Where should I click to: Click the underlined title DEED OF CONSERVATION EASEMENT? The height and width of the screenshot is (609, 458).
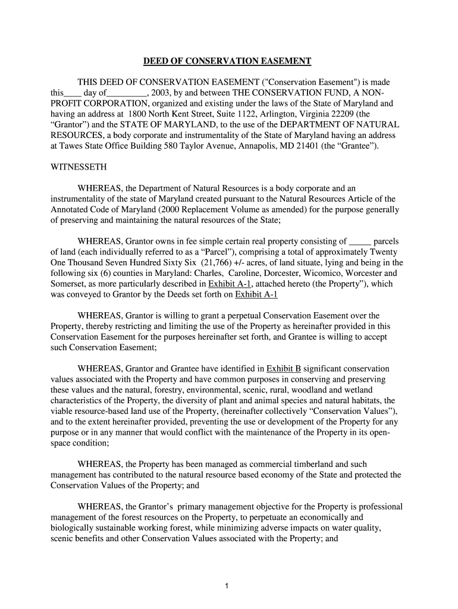pos(228,61)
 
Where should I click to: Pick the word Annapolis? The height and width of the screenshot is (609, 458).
pos(262,146)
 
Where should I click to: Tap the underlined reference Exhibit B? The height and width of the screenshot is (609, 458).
pos(284,369)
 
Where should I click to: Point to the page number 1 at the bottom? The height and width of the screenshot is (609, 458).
pos(227,586)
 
